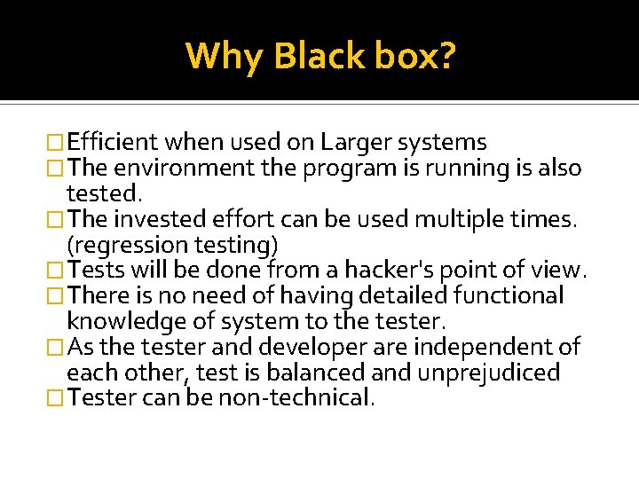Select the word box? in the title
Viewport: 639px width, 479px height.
[x=414, y=55]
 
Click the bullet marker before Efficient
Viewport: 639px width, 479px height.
[x=57, y=142]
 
